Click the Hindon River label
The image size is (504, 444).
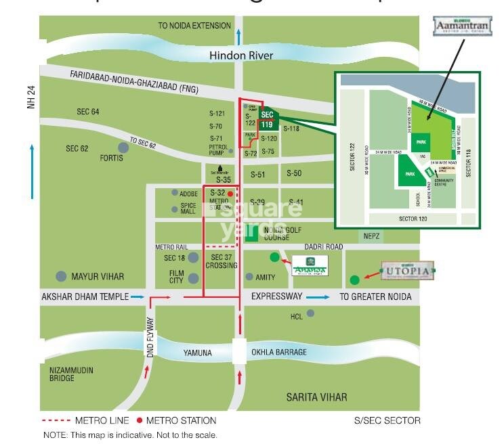(x=240, y=56)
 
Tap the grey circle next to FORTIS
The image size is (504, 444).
(x=123, y=147)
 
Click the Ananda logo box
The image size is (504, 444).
(x=310, y=267)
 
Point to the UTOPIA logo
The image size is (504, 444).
(x=406, y=271)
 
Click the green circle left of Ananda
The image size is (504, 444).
(x=274, y=257)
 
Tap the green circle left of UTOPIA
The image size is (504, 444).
(x=354, y=280)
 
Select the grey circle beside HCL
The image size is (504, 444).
(x=311, y=313)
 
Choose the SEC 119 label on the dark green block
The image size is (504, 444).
(x=268, y=120)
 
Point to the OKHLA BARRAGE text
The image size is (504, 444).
(x=279, y=353)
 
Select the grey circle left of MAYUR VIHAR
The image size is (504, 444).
(x=62, y=276)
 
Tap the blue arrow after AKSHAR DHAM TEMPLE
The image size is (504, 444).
(x=137, y=296)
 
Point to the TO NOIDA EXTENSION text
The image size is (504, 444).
(x=194, y=26)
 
